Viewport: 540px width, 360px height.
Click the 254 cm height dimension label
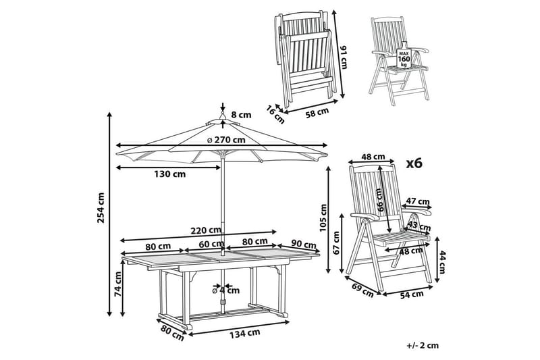click(x=101, y=208)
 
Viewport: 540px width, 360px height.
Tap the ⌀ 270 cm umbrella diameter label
click(x=226, y=140)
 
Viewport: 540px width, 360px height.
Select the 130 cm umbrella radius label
click(x=169, y=174)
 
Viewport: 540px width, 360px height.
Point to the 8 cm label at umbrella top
click(x=242, y=115)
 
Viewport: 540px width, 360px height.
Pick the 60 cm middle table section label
click(x=211, y=245)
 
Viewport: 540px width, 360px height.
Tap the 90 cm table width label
click(x=303, y=244)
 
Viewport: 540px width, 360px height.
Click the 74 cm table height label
click(x=117, y=284)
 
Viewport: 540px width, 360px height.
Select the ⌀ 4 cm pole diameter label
click(x=226, y=290)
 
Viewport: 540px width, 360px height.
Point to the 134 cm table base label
click(x=245, y=333)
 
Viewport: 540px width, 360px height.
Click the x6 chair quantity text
click(x=414, y=163)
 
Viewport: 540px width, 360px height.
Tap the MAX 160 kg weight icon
click(x=403, y=55)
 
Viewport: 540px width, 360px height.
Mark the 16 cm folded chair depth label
click(x=275, y=115)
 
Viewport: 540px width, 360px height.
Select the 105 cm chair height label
click(x=323, y=218)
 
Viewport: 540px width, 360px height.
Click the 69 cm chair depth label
click(x=362, y=290)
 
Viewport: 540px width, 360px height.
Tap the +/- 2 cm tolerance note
click(x=423, y=345)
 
